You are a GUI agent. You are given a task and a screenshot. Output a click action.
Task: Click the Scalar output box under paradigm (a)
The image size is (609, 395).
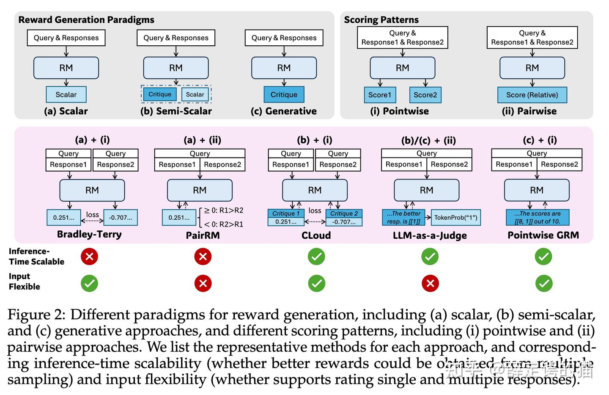66,94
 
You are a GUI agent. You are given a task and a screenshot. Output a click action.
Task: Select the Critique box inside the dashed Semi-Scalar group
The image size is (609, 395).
159,94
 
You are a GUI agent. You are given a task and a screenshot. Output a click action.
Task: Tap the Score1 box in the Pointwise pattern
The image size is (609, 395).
380,95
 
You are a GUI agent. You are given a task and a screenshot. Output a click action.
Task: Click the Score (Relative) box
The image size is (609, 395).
532,95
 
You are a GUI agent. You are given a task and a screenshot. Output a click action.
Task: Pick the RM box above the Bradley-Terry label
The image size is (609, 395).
92,190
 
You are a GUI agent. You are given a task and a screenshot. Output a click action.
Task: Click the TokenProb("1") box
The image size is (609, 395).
455,218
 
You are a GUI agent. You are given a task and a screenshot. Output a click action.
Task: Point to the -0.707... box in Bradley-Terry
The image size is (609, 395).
121,218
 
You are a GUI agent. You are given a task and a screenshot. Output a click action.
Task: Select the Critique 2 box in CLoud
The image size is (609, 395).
344,214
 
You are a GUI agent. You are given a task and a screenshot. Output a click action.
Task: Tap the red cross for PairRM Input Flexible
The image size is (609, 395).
203,284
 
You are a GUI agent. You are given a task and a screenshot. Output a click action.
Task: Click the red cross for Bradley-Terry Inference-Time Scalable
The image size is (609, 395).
89,257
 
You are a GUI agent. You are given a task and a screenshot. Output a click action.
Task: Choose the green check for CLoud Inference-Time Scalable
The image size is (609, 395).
316,257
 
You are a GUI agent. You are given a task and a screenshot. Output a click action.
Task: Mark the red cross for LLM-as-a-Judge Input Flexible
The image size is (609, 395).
430,284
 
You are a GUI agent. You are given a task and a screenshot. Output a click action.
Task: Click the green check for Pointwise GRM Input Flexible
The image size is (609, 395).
543,284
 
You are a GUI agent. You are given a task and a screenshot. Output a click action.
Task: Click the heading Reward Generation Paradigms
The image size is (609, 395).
86,19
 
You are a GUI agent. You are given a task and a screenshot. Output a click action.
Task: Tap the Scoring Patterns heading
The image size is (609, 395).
381,19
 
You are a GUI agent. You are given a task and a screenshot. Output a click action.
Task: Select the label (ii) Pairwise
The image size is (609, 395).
529,111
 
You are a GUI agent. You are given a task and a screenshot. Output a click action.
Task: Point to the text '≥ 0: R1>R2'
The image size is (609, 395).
224,210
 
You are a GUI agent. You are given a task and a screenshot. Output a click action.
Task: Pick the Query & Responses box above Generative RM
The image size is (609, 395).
284,38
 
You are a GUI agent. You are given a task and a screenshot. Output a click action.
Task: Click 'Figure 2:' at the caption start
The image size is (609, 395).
36,315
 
